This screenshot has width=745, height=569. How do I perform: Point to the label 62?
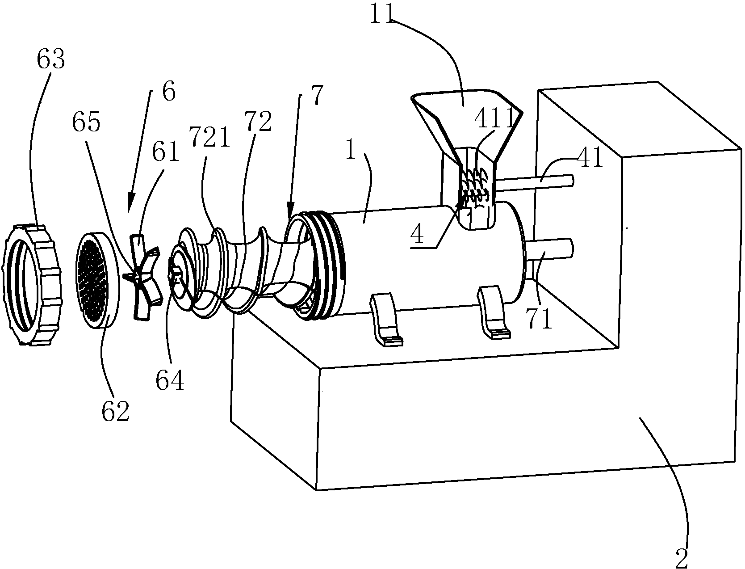pos(115,412)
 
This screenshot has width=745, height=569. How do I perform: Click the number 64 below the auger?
pos(170,380)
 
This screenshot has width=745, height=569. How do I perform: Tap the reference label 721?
pos(210,137)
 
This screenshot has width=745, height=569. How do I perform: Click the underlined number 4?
pos(417,235)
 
